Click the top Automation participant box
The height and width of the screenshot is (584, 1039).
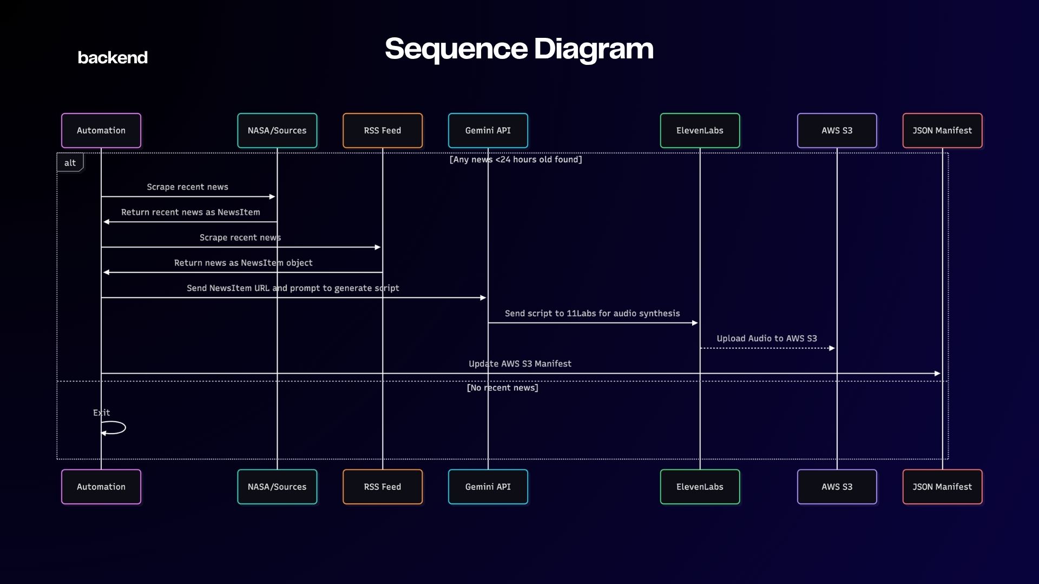pyautogui.click(x=101, y=130)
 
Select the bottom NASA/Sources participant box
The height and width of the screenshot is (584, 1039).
pyautogui.click(x=277, y=487)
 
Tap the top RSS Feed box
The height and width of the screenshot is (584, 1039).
pyautogui.click(x=383, y=130)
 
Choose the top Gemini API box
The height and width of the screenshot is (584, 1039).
pyautogui.click(x=488, y=130)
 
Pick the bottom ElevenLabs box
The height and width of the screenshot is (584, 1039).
pyautogui.click(x=700, y=487)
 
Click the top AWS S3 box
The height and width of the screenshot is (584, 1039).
pyautogui.click(x=837, y=130)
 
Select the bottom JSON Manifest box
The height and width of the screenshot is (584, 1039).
pyautogui.click(x=942, y=487)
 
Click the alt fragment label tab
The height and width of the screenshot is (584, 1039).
pyautogui.click(x=70, y=163)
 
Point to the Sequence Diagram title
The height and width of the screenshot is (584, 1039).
pyautogui.click(x=519, y=49)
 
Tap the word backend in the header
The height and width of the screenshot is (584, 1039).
pyautogui.click(x=113, y=57)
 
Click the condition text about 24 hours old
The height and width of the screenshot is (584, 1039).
pyautogui.click(x=516, y=160)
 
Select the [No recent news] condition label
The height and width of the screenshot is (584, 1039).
pyautogui.click(x=502, y=388)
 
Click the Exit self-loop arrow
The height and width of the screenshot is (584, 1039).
pyautogui.click(x=115, y=428)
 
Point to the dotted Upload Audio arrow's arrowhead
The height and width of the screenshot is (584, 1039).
pyautogui.click(x=832, y=348)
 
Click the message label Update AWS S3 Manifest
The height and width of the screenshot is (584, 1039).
pyautogui.click(x=519, y=364)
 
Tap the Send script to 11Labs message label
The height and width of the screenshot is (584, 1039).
pyautogui.click(x=592, y=314)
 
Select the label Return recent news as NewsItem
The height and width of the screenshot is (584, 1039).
pyautogui.click(x=190, y=213)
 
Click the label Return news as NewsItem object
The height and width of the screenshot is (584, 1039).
pyautogui.click(x=243, y=263)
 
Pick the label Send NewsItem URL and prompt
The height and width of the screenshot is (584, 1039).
pyautogui.click(x=293, y=288)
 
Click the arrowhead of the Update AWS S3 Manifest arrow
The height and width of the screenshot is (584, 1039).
pyautogui.click(x=937, y=374)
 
